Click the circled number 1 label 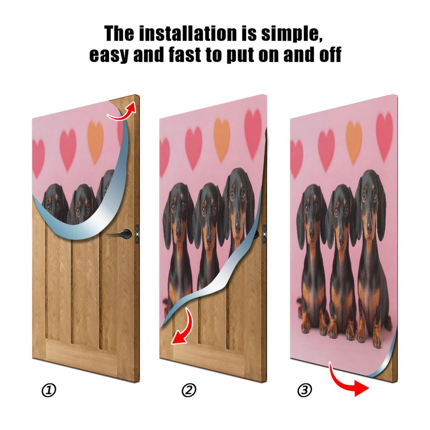pos(49,390)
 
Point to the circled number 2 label pos(189,390)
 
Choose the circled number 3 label pos(304,390)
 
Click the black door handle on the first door pos(125,233)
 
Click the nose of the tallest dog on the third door pos(370,230)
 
